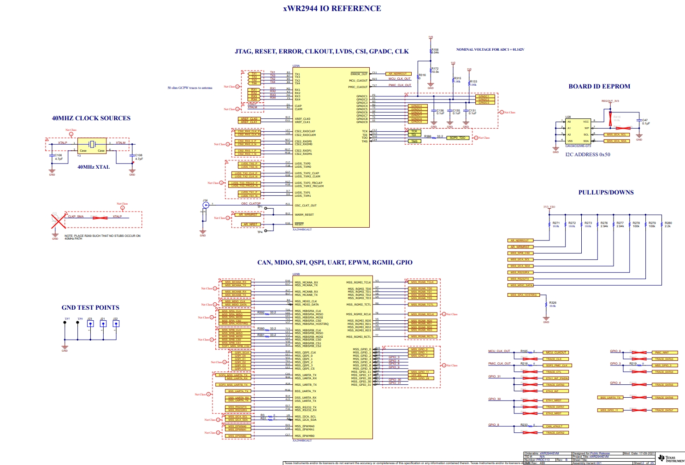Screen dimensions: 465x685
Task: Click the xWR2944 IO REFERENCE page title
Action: coord(332,8)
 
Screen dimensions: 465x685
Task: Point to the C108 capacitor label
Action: coord(138,155)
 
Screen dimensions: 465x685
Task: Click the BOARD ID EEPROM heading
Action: coord(599,86)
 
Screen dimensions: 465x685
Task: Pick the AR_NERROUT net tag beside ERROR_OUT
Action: coord(398,74)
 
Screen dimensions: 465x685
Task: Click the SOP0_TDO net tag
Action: coord(457,138)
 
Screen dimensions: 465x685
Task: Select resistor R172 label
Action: coord(435,69)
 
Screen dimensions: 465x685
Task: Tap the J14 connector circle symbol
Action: coord(206,205)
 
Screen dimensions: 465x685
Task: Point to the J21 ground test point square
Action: coord(103,324)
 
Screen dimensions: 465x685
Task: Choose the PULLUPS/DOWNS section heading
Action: coord(606,192)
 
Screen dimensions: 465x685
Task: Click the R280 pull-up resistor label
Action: coord(668,223)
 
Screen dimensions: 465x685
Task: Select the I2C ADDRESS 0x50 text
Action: coord(588,154)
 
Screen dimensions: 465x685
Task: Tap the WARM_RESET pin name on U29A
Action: coord(304,215)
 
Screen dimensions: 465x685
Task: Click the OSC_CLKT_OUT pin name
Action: coord(306,206)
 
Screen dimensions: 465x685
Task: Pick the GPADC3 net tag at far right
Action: coord(484,103)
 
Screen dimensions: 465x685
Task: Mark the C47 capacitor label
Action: coord(645,120)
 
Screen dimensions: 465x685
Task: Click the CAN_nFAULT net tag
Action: coord(554,426)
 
